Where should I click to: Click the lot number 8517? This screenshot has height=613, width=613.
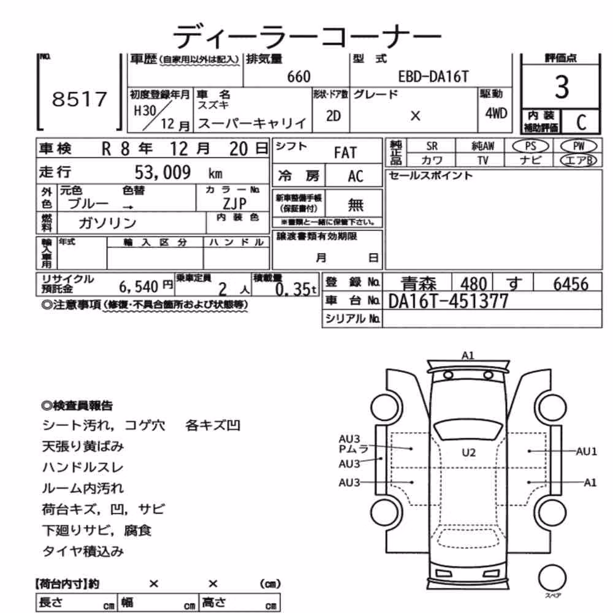click(x=79, y=99)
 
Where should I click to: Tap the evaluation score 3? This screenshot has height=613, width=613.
click(x=562, y=87)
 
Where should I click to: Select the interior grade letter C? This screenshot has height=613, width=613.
click(x=581, y=123)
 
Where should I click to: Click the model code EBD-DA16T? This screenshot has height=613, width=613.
click(x=433, y=77)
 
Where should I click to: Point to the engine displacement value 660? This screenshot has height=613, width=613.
click(x=299, y=77)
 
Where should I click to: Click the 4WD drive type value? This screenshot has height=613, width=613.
click(x=496, y=113)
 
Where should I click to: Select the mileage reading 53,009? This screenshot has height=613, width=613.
click(x=162, y=172)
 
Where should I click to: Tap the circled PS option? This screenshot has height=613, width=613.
click(x=530, y=147)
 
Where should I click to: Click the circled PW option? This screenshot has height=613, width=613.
click(x=579, y=147)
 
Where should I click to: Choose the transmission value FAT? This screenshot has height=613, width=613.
click(x=345, y=153)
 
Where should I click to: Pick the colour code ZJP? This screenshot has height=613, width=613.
click(x=235, y=204)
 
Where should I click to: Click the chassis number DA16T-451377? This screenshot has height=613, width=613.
click(x=448, y=301)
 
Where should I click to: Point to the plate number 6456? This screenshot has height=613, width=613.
click(x=571, y=284)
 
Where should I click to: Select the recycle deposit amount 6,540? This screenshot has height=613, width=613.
click(x=139, y=287)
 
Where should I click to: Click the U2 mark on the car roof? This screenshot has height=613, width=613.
click(x=469, y=453)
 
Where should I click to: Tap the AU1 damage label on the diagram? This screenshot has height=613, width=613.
click(x=587, y=452)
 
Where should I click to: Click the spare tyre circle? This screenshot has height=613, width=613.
click(x=552, y=578)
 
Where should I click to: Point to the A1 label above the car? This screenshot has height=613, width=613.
click(x=468, y=356)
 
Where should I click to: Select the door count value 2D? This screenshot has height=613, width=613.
click(x=333, y=116)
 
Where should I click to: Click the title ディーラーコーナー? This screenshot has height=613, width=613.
click(x=307, y=36)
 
